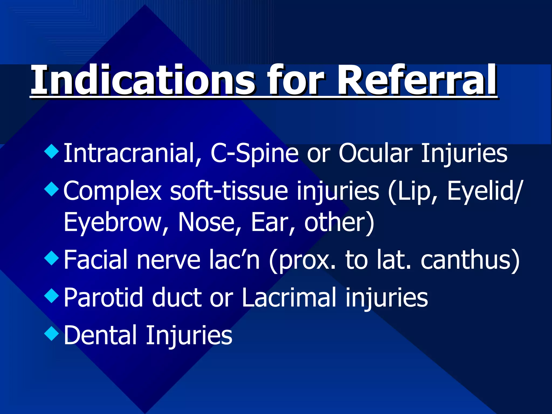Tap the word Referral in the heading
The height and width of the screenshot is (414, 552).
[417, 80]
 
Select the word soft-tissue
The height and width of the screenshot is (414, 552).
[229, 191]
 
